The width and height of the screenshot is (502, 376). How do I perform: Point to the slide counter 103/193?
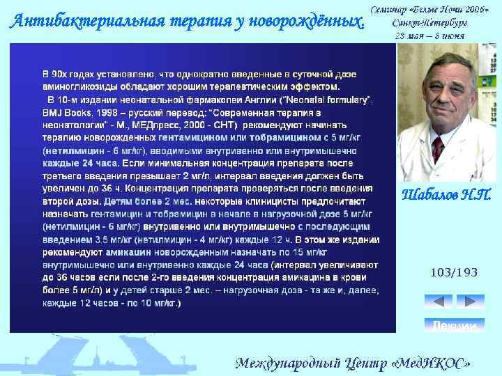(x=454, y=272)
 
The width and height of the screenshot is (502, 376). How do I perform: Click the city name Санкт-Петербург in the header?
(x=429, y=22)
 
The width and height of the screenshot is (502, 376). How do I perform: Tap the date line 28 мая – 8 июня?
(x=430, y=35)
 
